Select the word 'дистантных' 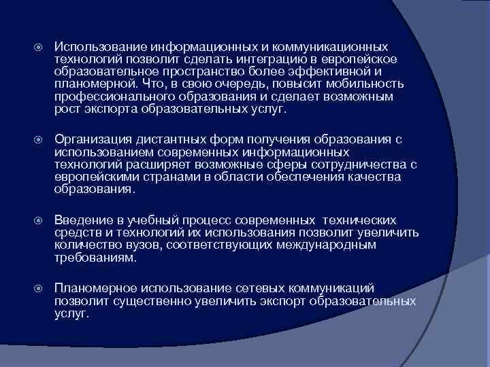tap(163, 139)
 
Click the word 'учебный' tap(142, 220)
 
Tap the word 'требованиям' tap(95, 258)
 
